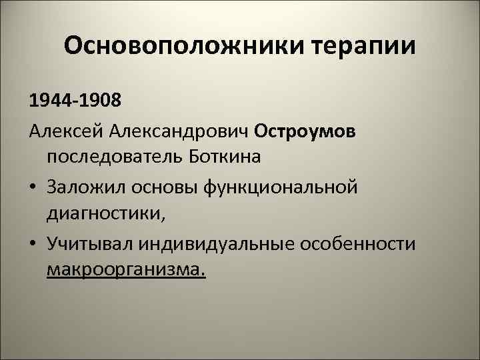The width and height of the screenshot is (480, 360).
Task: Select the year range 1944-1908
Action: [75, 103]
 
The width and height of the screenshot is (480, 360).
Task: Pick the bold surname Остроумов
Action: [305, 131]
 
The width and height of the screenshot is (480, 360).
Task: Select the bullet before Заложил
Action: [33, 187]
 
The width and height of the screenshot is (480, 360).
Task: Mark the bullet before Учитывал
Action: [33, 243]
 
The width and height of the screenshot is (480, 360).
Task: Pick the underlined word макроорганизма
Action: [127, 271]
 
